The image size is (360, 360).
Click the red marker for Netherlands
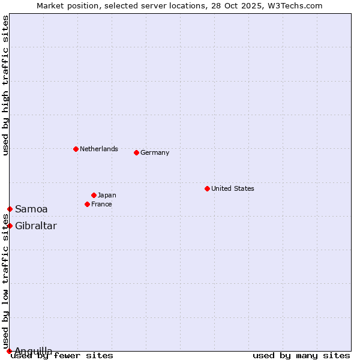click(76, 149)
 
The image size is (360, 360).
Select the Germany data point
click(136, 152)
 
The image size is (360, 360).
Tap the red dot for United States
click(207, 188)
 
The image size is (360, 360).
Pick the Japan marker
click(94, 195)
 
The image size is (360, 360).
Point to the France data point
click(87, 204)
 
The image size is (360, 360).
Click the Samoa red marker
click(10, 209)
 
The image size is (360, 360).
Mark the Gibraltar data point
click(10, 226)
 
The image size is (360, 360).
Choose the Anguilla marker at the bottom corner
click(9, 351)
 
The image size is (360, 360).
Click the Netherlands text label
click(99, 149)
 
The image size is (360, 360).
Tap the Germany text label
click(155, 152)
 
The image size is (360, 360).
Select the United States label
click(233, 188)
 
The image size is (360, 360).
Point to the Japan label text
click(107, 195)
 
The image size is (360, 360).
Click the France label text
click(101, 204)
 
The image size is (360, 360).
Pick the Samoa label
click(31, 209)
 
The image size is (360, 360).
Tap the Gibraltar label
click(36, 226)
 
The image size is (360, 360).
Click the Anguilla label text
click(34, 351)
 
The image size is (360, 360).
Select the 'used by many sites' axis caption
click(301, 355)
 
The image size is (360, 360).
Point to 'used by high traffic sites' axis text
click(5, 85)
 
